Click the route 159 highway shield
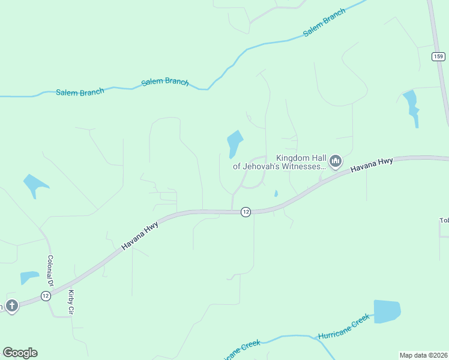[x=439, y=56]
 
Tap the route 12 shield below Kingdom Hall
[x=246, y=212]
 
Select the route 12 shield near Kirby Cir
[x=46, y=296]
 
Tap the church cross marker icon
[x=11, y=305]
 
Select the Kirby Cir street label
[x=71, y=303]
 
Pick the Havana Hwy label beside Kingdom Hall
[x=372, y=165]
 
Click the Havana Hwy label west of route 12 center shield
[x=140, y=234]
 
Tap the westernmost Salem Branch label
[x=80, y=92]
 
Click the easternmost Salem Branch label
[x=324, y=23]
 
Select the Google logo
[x=20, y=353]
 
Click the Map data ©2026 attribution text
[x=424, y=355]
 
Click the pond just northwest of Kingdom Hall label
[x=234, y=143]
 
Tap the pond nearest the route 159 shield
[x=412, y=106]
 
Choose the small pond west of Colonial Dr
[x=29, y=278]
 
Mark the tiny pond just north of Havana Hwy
[x=276, y=193]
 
